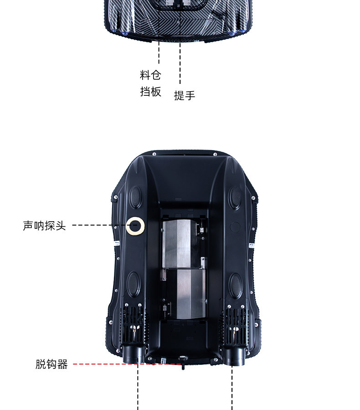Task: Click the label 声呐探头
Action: [44, 225]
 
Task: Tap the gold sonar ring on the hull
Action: [135, 225]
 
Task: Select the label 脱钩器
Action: [51, 364]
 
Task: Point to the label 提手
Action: [185, 95]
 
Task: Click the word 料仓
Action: [150, 75]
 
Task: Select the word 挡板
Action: [150, 91]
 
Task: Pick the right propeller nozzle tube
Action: [233, 355]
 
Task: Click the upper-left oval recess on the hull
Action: [136, 196]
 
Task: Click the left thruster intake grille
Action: [133, 324]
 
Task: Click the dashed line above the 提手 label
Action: [180, 64]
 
